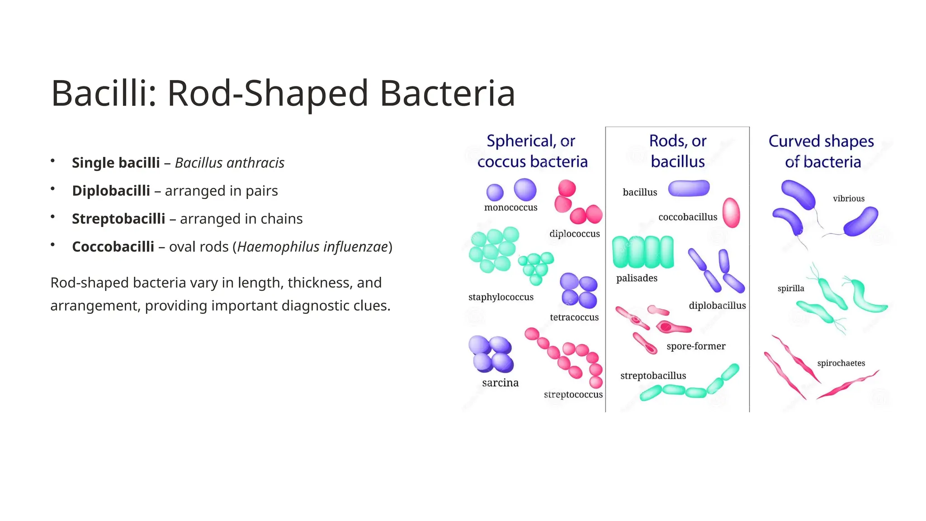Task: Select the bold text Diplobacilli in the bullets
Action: click(x=111, y=191)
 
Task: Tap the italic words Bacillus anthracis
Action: click(x=229, y=163)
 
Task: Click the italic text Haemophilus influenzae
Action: click(x=312, y=247)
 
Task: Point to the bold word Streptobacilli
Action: click(x=118, y=219)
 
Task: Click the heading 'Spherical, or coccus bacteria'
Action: click(x=532, y=151)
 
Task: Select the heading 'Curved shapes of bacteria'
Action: click(x=822, y=151)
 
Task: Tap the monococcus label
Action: click(x=510, y=208)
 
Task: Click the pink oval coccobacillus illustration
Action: click(x=731, y=213)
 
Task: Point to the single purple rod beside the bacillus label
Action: click(x=689, y=188)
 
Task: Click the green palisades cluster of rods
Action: click(x=643, y=252)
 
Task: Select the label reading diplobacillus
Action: click(x=717, y=306)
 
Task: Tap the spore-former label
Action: click(x=695, y=346)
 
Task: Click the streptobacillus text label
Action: click(x=653, y=376)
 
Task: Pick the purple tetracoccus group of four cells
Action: click(x=578, y=291)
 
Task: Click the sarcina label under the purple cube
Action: click(x=500, y=383)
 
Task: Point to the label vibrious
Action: click(x=848, y=199)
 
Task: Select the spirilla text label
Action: click(x=790, y=289)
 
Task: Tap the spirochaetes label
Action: click(x=841, y=363)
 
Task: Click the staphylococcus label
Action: click(x=501, y=297)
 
